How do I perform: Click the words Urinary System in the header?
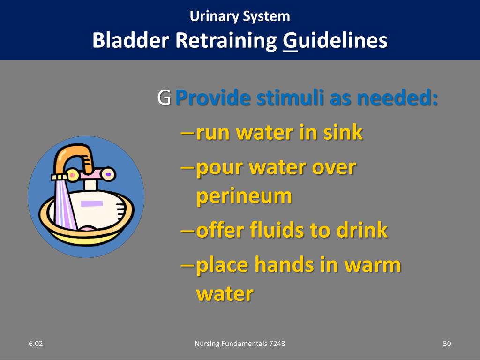coord(240,16)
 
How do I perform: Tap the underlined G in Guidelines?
coord(290,41)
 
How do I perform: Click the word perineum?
coord(244,196)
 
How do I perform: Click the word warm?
coord(373,265)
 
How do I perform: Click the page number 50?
coord(447,344)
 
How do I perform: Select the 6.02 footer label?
coord(36,344)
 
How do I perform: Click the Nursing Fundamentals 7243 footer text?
coord(240,344)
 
